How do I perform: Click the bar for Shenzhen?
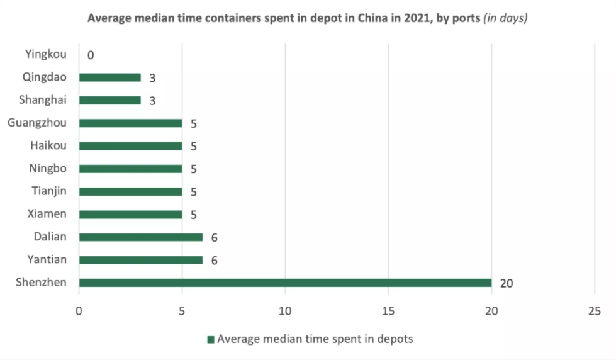[284, 283]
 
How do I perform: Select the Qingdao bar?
[109, 77]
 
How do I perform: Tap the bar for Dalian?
[140, 237]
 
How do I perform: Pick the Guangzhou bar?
[130, 123]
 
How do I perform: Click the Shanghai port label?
[43, 100]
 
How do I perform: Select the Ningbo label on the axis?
[48, 168]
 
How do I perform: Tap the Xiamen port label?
[47, 214]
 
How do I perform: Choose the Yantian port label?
[47, 259]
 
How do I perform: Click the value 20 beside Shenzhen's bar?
[507, 283]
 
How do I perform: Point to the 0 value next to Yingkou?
[91, 55]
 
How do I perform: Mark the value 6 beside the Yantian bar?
[215, 260]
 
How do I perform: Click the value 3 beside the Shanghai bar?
[152, 101]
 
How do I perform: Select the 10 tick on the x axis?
[285, 310]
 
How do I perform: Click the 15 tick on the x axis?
[388, 310]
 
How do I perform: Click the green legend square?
[211, 340]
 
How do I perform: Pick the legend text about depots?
[315, 339]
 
